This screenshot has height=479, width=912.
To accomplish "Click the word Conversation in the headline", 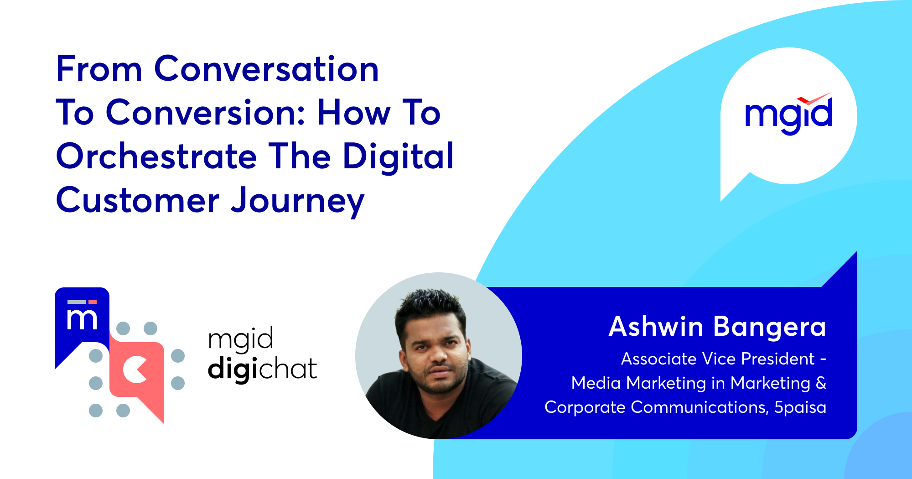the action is [266, 69].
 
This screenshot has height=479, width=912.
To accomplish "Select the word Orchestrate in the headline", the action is [156, 156].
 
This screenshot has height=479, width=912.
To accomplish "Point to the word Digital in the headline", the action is [398, 156].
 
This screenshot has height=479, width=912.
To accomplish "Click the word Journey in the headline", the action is [297, 201].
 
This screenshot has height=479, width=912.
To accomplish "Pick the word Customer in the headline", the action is [138, 200].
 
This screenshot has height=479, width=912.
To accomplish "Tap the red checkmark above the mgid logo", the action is [814, 98].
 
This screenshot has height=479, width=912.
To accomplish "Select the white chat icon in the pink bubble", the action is [135, 369].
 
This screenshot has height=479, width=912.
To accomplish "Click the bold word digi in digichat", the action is [233, 368].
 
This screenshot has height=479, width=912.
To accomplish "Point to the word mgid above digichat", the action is [240, 339].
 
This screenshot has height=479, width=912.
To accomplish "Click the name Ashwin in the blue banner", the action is [656, 327].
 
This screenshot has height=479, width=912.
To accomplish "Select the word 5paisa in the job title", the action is [800, 407].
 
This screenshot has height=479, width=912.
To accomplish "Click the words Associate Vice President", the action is [718, 359].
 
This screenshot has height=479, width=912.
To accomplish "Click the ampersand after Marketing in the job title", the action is [821, 383].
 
